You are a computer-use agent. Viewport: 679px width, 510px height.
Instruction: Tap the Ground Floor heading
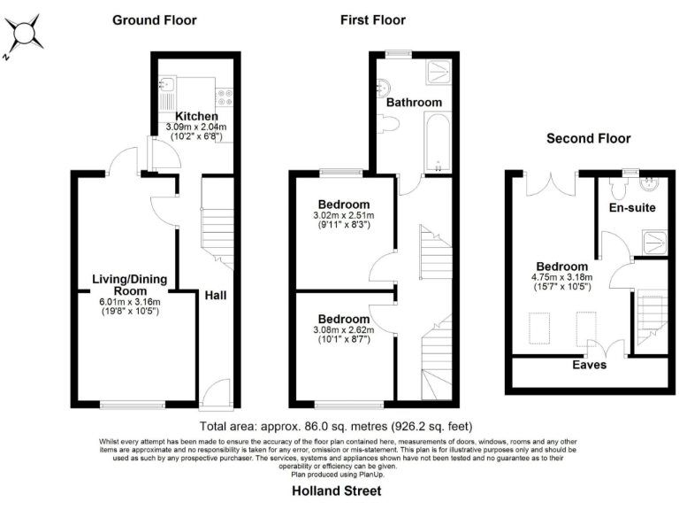click(x=155, y=19)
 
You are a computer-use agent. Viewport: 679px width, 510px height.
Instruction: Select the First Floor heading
click(x=372, y=19)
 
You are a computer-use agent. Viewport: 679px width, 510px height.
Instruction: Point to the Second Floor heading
click(x=588, y=138)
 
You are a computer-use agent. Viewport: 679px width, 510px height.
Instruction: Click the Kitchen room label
click(x=196, y=116)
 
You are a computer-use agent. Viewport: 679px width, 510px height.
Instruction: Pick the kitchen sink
click(x=167, y=87)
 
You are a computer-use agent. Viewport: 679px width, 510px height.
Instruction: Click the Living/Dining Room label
click(x=126, y=285)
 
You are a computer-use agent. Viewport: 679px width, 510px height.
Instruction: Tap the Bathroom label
click(x=413, y=103)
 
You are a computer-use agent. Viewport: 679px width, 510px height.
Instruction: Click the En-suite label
click(x=633, y=209)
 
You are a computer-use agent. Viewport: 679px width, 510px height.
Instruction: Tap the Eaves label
click(x=589, y=364)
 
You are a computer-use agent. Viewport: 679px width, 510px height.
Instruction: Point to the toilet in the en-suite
click(x=620, y=187)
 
